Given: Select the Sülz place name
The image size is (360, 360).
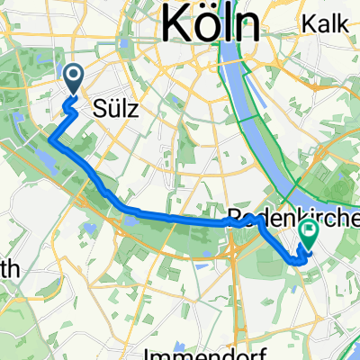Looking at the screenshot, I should tap(114, 109).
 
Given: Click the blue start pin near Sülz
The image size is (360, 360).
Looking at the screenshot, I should tap(73, 79).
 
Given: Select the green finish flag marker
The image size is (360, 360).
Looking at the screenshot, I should tap(309, 234).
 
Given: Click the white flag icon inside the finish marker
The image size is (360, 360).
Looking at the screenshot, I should tap(309, 230).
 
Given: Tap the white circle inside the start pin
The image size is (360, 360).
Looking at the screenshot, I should tap(73, 76).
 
